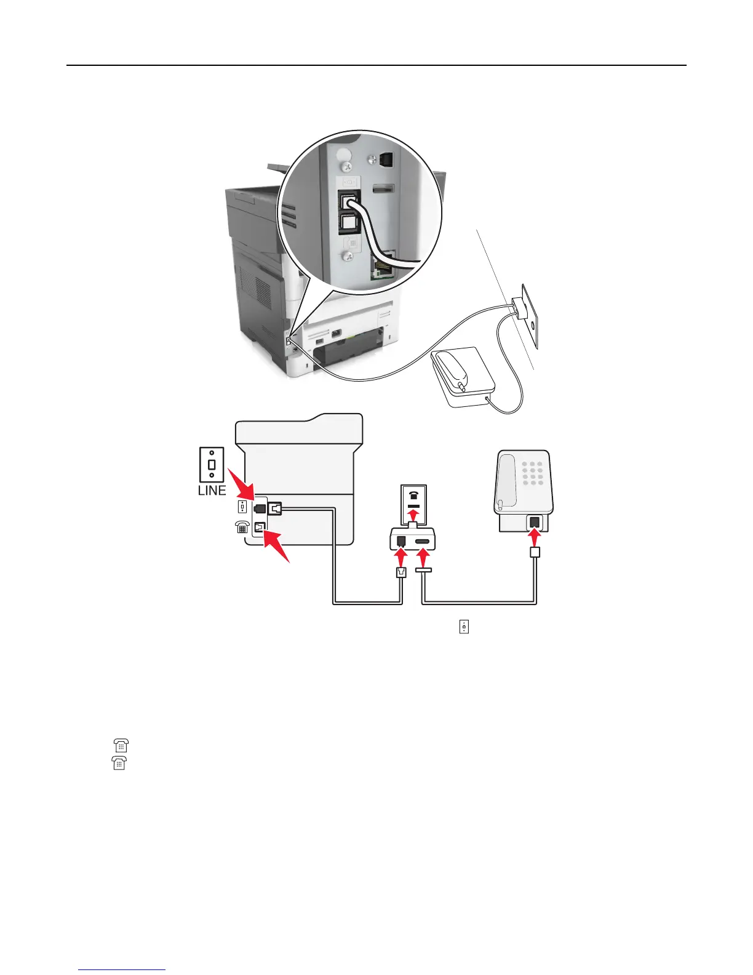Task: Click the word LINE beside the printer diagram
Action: pos(212,491)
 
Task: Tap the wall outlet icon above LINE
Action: pos(212,465)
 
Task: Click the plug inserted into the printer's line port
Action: pos(274,508)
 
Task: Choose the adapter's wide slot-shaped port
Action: pos(423,542)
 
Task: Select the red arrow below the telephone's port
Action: pos(535,537)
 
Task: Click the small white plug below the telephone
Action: pos(535,553)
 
